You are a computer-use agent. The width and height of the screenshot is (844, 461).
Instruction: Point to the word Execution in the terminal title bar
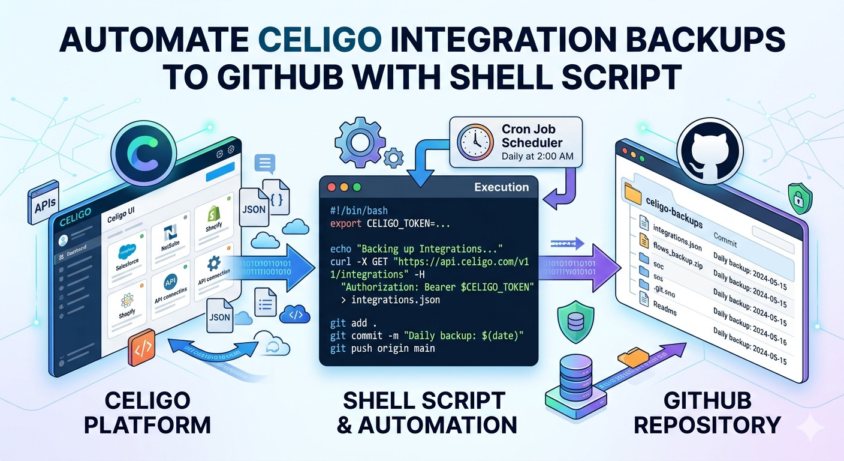tap(501, 187)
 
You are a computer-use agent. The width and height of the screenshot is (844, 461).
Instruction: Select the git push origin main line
tap(382, 348)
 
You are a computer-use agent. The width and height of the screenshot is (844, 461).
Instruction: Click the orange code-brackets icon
tap(141, 348)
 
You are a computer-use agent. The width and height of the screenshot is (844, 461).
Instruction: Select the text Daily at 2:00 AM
tap(537, 156)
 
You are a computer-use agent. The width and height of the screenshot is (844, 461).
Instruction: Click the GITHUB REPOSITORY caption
tap(707, 412)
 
